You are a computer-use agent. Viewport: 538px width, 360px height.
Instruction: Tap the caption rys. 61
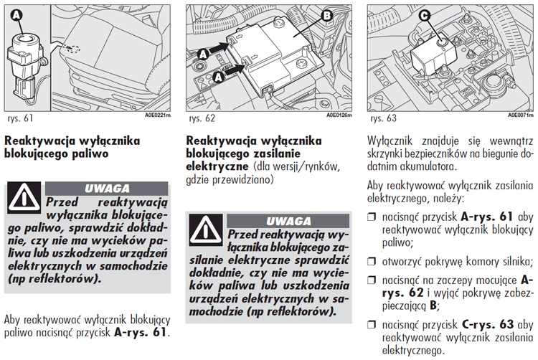click(x=19, y=117)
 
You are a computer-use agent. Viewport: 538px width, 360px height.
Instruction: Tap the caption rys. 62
click(x=201, y=117)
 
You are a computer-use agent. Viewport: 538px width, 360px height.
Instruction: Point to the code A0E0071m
click(x=521, y=115)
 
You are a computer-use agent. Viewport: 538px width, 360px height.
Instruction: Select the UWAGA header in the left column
click(x=108, y=189)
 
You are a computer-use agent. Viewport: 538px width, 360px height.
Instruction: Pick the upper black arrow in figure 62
click(x=216, y=51)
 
